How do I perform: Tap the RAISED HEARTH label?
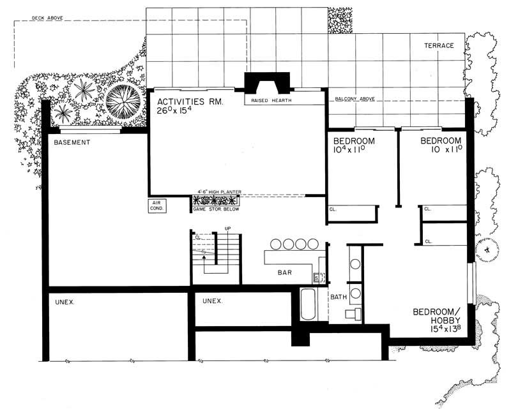267,101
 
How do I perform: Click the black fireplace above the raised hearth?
267,83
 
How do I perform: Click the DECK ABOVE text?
47,19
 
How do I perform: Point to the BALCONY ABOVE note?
355,100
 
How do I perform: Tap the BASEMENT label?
72,142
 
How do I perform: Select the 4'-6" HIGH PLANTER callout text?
218,191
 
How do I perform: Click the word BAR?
284,272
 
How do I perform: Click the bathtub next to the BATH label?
307,307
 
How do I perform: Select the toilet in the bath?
351,313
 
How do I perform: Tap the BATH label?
338,297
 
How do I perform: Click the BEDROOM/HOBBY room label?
436,316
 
